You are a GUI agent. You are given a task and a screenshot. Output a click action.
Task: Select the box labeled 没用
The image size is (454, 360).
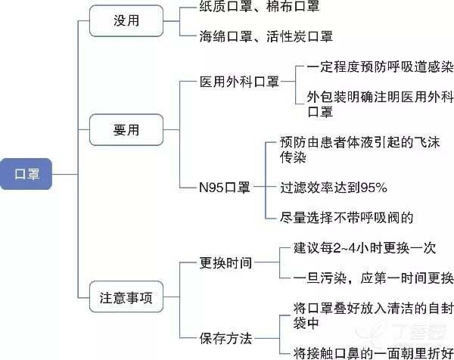126,21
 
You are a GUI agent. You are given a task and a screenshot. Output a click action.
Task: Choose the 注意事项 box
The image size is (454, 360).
126,298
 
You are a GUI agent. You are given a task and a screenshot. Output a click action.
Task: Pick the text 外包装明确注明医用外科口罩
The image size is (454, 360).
378,104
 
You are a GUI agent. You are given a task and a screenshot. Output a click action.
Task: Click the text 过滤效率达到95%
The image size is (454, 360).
333,187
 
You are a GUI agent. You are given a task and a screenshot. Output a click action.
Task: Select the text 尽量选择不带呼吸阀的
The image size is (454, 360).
347,217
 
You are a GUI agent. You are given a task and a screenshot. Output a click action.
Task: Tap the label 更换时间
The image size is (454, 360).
225,263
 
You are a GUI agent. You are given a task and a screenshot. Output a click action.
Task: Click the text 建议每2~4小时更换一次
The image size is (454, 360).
364,247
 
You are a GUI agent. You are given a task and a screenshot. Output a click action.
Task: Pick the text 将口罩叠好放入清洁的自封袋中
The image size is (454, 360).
363,315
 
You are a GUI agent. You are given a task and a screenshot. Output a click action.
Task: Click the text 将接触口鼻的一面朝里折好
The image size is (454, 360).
372,352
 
